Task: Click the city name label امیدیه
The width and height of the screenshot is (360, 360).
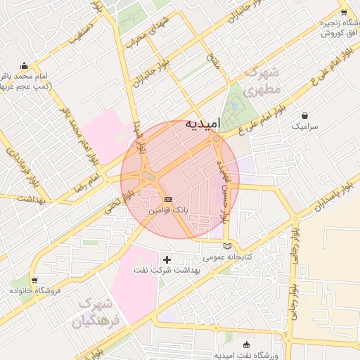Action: [202, 123]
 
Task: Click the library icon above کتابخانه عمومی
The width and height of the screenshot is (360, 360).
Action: [226, 245]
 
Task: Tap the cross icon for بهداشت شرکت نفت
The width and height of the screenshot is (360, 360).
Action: [167, 260]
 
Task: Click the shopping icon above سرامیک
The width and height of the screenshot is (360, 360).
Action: [304, 115]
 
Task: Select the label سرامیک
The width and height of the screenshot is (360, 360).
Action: [304, 126]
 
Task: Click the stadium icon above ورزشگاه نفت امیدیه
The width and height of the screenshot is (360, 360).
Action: [246, 344]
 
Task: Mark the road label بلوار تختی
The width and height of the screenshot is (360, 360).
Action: [111, 203]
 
